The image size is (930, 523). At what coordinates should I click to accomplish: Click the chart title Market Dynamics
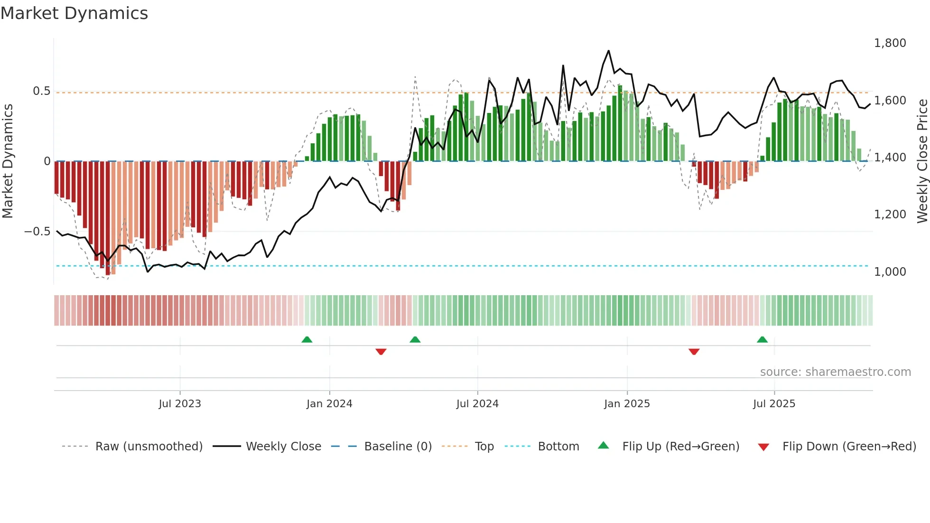[74, 13]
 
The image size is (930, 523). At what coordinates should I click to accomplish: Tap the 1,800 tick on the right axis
[890, 43]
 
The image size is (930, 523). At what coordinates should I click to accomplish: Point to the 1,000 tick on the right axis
[890, 271]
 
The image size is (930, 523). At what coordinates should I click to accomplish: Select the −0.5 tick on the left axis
[37, 232]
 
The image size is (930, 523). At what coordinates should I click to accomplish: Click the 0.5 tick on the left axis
[41, 91]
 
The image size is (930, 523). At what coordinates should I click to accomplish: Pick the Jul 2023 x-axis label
[180, 404]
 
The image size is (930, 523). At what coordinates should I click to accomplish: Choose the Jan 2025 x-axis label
[627, 404]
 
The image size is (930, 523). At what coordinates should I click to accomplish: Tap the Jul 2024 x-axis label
[477, 404]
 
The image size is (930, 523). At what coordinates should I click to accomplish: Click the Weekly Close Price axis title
[922, 161]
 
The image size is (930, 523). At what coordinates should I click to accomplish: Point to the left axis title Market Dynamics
[8, 161]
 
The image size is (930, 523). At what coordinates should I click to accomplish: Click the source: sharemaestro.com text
[835, 372]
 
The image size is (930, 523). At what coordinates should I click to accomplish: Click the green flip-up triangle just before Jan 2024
[307, 339]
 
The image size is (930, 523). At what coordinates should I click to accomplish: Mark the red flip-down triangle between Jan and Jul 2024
[381, 352]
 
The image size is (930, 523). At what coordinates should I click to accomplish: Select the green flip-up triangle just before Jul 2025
[762, 339]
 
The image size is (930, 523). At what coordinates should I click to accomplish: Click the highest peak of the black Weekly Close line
[608, 51]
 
